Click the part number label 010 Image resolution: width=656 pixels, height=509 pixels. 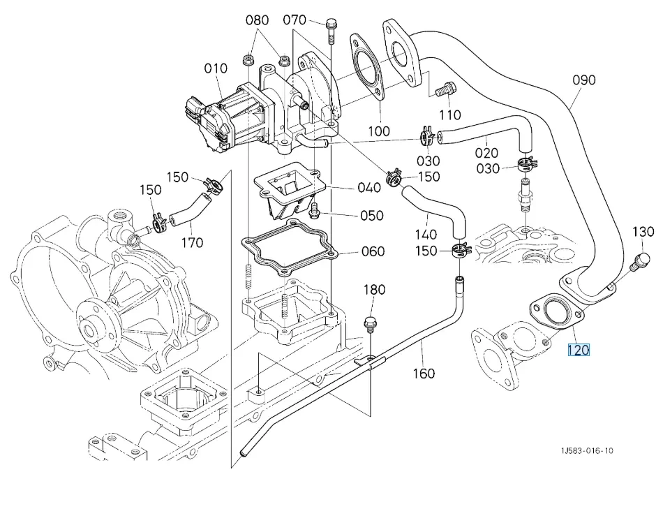216,69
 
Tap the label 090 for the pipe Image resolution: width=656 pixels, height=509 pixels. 584,80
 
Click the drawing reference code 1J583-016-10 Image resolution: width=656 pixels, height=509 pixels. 586,451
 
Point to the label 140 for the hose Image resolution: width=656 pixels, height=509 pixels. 426,235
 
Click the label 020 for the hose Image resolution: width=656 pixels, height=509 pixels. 486,152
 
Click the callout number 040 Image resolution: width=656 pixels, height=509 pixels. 368,187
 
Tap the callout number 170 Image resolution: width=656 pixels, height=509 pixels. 192,242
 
